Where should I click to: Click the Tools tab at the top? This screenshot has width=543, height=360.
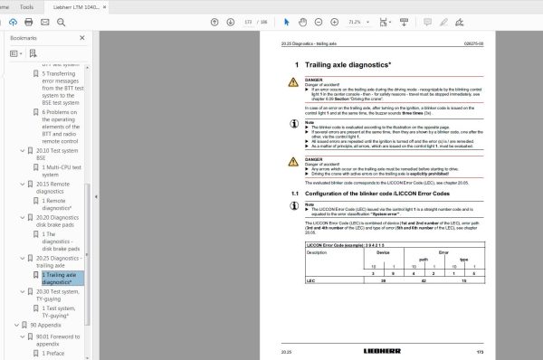point(27,6)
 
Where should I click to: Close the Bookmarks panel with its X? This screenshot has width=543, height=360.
point(86,39)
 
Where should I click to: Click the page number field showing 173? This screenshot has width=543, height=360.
point(246,22)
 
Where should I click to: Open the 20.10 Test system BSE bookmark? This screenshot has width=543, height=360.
point(59,154)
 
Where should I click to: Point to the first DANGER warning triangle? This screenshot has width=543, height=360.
point(292,81)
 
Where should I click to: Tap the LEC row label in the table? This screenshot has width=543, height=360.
point(287,281)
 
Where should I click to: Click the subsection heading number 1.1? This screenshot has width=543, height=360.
point(283,194)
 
